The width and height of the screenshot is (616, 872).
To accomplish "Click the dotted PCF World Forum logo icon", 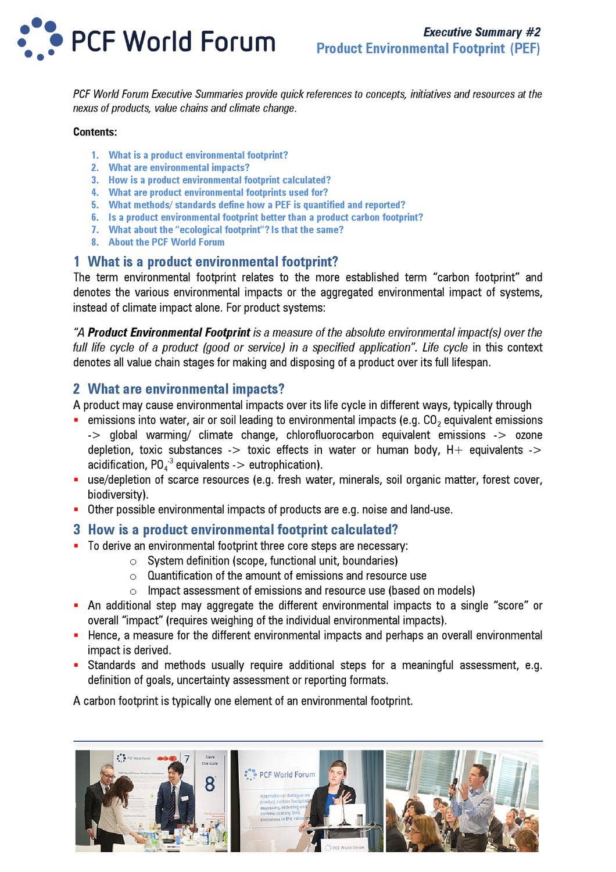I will (x=40, y=39).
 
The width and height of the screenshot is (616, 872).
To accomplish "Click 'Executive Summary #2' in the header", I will (x=481, y=33).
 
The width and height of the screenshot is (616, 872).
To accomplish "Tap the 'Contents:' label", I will (x=95, y=132).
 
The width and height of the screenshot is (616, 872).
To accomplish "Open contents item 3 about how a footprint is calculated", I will (x=219, y=180).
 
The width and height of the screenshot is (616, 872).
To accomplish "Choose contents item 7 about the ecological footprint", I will (x=225, y=230).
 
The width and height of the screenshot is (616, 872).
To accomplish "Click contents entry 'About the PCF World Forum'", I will (x=166, y=242).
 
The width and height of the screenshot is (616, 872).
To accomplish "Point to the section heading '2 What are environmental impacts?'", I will (x=179, y=389).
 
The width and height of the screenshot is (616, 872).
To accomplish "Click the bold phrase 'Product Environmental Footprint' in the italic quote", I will (x=169, y=333).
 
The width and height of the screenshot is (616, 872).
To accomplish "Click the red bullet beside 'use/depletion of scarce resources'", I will (x=76, y=480).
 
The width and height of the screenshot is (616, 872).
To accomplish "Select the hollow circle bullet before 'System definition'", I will (x=133, y=562).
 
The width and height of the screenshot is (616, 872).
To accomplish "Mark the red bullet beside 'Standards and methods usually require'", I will (x=76, y=665).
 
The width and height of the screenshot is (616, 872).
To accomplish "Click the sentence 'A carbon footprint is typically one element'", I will (x=243, y=701).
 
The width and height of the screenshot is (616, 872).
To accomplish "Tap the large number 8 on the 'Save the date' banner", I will (x=210, y=784).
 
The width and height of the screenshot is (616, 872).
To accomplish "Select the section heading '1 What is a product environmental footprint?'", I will (x=206, y=262).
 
